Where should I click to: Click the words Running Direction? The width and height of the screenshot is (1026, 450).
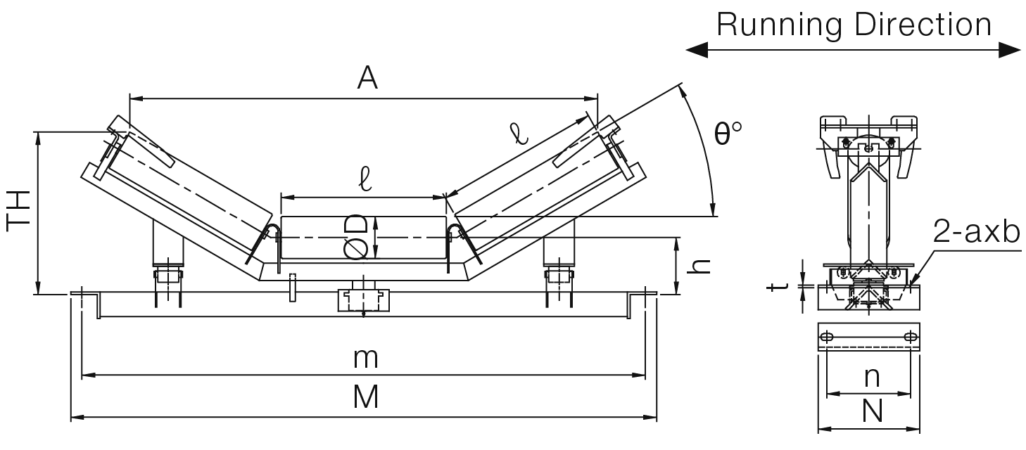pyautogui.click(x=854, y=25)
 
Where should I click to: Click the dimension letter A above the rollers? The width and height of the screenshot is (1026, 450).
pyautogui.click(x=367, y=78)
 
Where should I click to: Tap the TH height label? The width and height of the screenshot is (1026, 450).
pyautogui.click(x=18, y=211)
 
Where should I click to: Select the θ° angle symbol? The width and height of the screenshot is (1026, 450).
pyautogui.click(x=728, y=133)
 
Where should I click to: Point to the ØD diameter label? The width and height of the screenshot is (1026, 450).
pyautogui.click(x=356, y=237)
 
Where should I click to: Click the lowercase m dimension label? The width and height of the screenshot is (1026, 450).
pyautogui.click(x=365, y=359)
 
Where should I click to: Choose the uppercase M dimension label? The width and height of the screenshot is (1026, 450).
pyautogui.click(x=366, y=397)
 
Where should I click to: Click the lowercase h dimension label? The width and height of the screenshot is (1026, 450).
pyautogui.click(x=699, y=266)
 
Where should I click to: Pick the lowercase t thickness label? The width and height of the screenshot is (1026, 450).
pyautogui.click(x=778, y=287)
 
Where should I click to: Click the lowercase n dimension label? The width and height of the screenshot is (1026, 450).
pyautogui.click(x=872, y=378)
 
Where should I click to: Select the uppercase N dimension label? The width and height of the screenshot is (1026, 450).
pyautogui.click(x=872, y=411)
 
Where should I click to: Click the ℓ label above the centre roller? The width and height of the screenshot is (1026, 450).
pyautogui.click(x=365, y=179)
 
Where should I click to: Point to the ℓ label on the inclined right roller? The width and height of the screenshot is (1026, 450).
pyautogui.click(x=519, y=133)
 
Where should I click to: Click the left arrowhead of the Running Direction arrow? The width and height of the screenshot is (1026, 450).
pyautogui.click(x=697, y=50)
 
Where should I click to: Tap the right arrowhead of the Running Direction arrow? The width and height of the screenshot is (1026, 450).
pyautogui.click(x=1010, y=50)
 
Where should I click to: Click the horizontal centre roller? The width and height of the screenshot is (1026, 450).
pyautogui.click(x=364, y=238)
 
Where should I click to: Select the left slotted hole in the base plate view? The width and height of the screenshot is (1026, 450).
pyautogui.click(x=827, y=337)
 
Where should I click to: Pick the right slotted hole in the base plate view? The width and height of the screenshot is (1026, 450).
pyautogui.click(x=911, y=337)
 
